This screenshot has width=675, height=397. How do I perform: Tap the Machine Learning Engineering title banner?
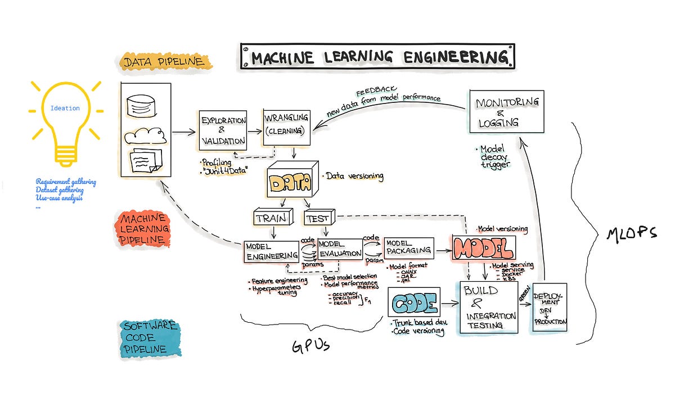click(x=377, y=57)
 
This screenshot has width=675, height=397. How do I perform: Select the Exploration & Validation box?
click(x=223, y=130)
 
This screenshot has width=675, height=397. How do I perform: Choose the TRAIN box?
click(x=271, y=218)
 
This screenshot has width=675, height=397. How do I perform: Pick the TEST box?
click(x=318, y=218)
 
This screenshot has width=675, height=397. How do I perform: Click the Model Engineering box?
click(x=271, y=251)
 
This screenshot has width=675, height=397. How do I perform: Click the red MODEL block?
click(x=483, y=248)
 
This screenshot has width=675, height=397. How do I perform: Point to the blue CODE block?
click(x=415, y=304)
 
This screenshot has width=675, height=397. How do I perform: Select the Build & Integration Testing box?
click(x=489, y=308)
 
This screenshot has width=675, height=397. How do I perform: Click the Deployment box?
click(x=550, y=307)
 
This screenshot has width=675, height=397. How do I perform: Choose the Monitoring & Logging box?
click(x=506, y=111)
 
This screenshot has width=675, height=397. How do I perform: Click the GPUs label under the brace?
click(x=310, y=345)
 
